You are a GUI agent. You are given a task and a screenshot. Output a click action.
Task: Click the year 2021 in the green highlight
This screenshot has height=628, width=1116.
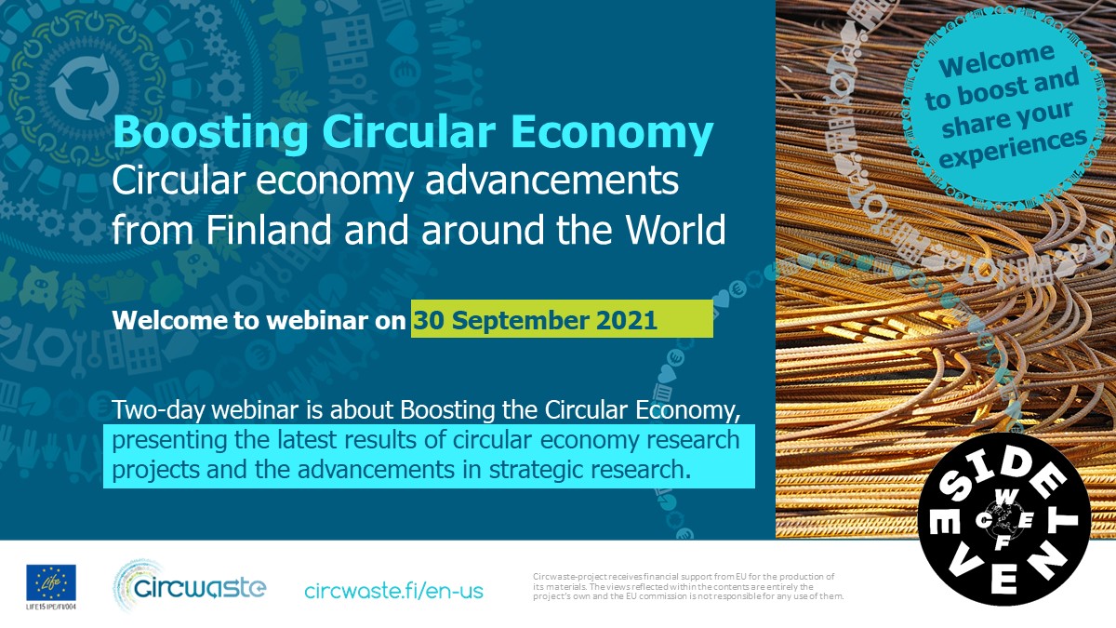(x=624, y=320)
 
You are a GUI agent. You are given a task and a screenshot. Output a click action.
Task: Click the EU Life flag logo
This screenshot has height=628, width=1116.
(x=51, y=582)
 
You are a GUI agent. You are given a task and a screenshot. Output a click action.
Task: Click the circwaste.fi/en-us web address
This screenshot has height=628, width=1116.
(x=393, y=590)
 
